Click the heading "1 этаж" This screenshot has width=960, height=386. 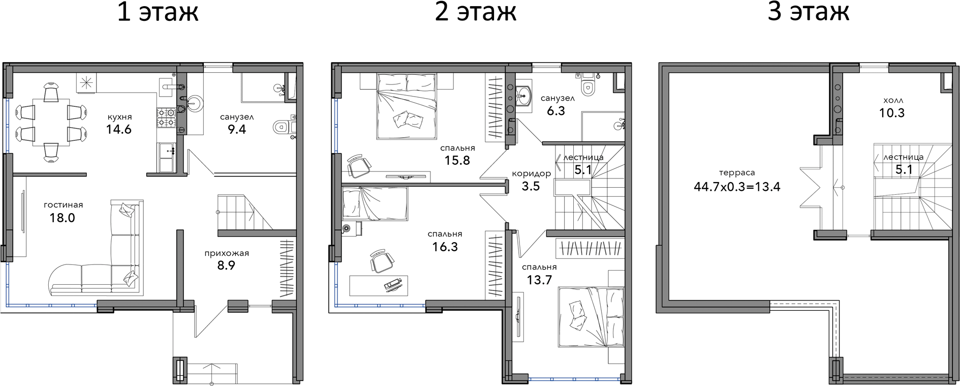(x=158, y=12)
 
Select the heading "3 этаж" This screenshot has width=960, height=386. (x=808, y=12)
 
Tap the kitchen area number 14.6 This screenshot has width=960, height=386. (x=119, y=129)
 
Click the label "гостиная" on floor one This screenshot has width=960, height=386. (x=63, y=205)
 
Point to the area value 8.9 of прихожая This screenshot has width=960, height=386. (x=226, y=265)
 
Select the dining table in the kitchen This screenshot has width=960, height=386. (x=51, y=122)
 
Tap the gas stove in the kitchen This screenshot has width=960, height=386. (x=166, y=117)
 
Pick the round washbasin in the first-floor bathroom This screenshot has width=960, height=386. (x=194, y=103)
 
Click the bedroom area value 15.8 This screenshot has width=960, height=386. (x=457, y=160)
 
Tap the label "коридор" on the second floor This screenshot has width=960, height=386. (x=532, y=174)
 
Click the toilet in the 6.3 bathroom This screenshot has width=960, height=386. (x=588, y=84)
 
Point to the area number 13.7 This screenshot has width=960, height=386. (x=539, y=280)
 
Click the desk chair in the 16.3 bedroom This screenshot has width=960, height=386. (x=381, y=261)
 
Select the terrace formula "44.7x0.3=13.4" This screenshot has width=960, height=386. (x=737, y=187)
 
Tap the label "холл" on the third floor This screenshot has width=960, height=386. (x=893, y=101)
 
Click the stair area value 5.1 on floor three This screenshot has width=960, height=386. (x=904, y=169)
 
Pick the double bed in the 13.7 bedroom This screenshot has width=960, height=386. (x=591, y=317)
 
